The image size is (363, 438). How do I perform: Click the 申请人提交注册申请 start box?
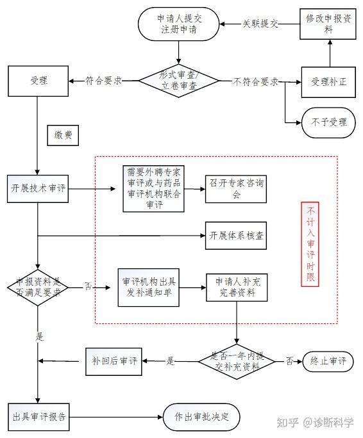pos(178,24)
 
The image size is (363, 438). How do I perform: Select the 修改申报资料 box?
pos(328,24)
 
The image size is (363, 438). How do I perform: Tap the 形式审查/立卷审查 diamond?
pos(179,81)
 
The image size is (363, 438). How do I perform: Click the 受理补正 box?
pos(328,82)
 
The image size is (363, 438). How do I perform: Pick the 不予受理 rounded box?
pos(328,123)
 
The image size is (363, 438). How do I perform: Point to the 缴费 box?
pos(63,136)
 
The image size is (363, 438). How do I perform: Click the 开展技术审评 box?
pos(38,189)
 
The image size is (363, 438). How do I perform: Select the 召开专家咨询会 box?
pos(236,189)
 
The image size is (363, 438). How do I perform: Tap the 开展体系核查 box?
pos(236,236)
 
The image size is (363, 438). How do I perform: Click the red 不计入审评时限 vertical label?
pos(310,244)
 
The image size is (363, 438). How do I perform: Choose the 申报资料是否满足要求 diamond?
pos(38,288)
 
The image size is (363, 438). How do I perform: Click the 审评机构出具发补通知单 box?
pos(149,288)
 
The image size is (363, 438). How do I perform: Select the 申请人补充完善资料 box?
pos(237,288)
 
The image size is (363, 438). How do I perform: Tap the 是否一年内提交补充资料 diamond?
pos(237,361)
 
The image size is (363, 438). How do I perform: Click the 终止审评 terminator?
pos(328,361)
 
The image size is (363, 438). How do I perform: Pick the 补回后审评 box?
pos(114,361)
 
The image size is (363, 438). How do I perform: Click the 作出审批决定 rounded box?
pos(201,418)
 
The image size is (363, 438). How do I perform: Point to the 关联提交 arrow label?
pos(260,24)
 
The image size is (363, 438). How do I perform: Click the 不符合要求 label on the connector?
pos(255,81)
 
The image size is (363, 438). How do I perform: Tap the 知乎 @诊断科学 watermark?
pos(315,423)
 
